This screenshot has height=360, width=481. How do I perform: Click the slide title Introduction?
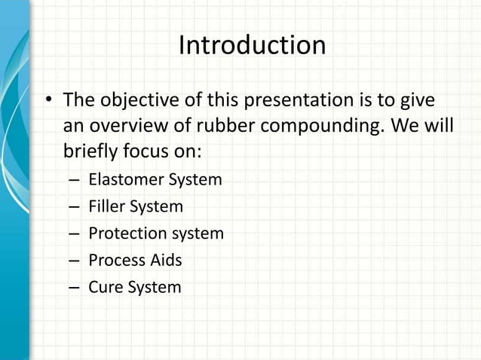tap(252, 46)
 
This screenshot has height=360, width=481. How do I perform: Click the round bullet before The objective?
tap(48, 101)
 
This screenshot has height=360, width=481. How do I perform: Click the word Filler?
tap(106, 206)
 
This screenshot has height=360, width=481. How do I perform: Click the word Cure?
tap(104, 287)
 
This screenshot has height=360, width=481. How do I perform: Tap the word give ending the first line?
tap(418, 100)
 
